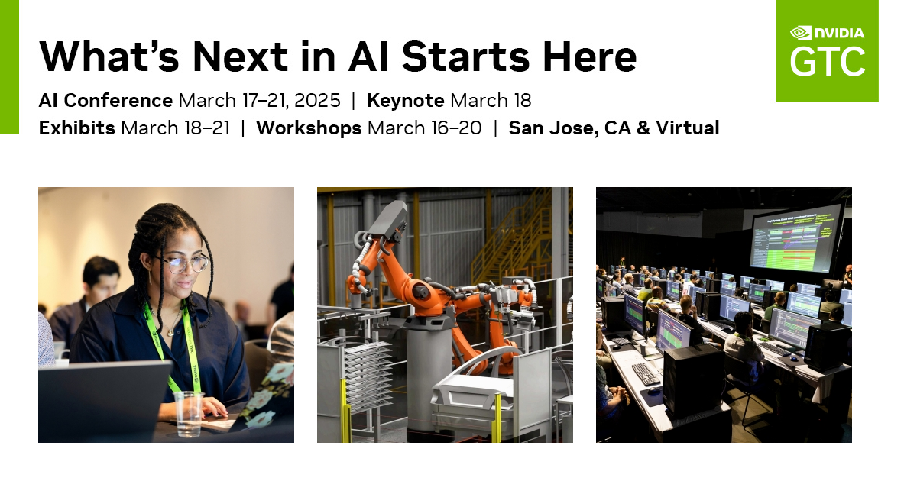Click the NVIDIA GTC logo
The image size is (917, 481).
coord(827,51)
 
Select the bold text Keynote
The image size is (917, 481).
coord(405,101)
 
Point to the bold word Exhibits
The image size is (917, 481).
coord(76,128)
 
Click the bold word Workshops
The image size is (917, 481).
coord(308,128)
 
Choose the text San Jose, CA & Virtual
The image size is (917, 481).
coord(614,128)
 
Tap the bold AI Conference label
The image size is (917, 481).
coord(105,101)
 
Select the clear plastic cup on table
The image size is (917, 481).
coord(188,412)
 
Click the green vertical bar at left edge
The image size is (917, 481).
coord(9,67)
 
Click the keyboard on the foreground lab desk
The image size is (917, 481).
coord(646,373)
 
